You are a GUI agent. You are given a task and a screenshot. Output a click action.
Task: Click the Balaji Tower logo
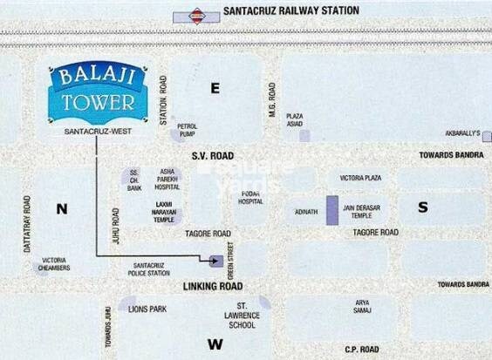(x=98, y=92)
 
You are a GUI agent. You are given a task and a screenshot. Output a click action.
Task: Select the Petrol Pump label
(x=188, y=130)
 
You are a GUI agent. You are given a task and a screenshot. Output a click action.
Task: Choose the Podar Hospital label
(x=250, y=197)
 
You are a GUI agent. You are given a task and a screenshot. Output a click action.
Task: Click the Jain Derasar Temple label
(x=360, y=211)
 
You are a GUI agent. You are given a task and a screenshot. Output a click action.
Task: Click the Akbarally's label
(x=463, y=133)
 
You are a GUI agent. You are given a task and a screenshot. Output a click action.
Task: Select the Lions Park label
(x=146, y=309)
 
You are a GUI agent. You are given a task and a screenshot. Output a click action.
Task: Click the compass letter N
(x=61, y=208)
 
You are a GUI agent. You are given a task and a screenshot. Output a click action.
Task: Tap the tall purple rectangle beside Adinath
(x=331, y=212)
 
